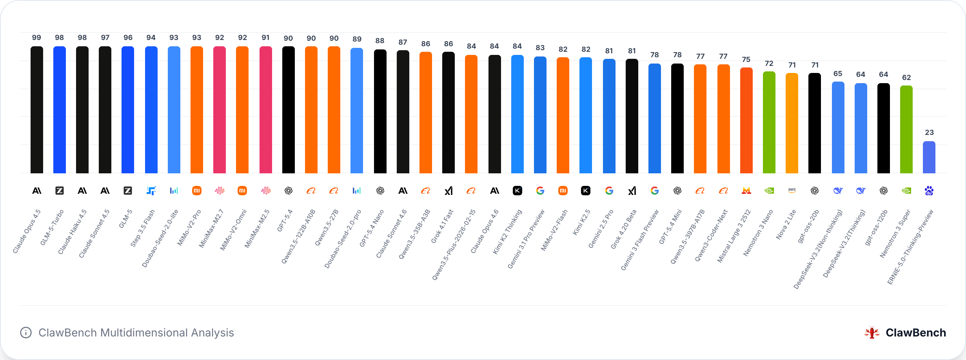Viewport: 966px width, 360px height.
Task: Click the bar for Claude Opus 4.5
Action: [36, 110]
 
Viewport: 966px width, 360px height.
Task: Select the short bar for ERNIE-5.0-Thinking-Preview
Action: [929, 157]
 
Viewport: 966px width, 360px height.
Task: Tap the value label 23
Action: [929, 133]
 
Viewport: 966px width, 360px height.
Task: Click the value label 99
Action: [36, 38]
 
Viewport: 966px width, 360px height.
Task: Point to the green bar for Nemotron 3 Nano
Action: [769, 122]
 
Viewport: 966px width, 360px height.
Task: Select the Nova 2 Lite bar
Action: [792, 123]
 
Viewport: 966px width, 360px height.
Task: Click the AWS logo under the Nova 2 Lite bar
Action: [792, 190]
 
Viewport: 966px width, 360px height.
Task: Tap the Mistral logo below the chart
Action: [746, 191]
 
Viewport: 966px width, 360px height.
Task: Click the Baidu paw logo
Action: [929, 191]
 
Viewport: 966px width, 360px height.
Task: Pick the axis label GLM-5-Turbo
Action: [52, 228]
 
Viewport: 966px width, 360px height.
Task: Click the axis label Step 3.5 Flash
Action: [143, 228]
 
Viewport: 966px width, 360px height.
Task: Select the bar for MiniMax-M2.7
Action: [220, 110]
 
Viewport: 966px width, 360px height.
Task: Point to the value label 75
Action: [746, 60]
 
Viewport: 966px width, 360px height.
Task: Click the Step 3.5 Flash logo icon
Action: [151, 191]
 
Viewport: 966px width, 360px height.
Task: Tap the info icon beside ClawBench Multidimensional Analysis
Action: [26, 333]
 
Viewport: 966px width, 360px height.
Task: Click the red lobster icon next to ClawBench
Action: [872, 333]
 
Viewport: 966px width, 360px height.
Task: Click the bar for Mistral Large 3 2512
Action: [746, 120]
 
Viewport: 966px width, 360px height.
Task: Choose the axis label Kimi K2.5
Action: [581, 222]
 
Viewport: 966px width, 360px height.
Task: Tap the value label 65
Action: [838, 74]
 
